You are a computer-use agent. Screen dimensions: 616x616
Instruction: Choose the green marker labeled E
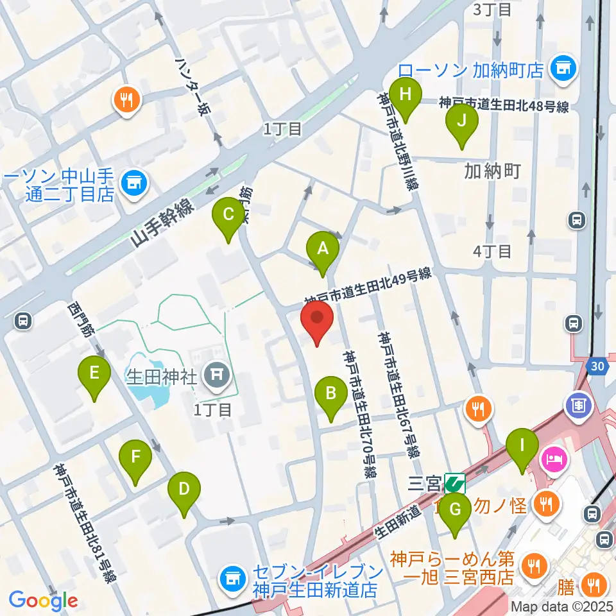click(x=94, y=374)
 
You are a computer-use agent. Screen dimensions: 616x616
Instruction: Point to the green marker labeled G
click(x=456, y=511)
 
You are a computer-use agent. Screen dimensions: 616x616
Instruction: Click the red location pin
click(x=317, y=320)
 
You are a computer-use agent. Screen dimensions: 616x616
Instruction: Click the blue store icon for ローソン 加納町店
click(x=564, y=68)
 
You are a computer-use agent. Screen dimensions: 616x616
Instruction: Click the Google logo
click(x=43, y=601)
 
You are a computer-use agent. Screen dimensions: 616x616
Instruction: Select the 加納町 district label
click(x=492, y=171)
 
